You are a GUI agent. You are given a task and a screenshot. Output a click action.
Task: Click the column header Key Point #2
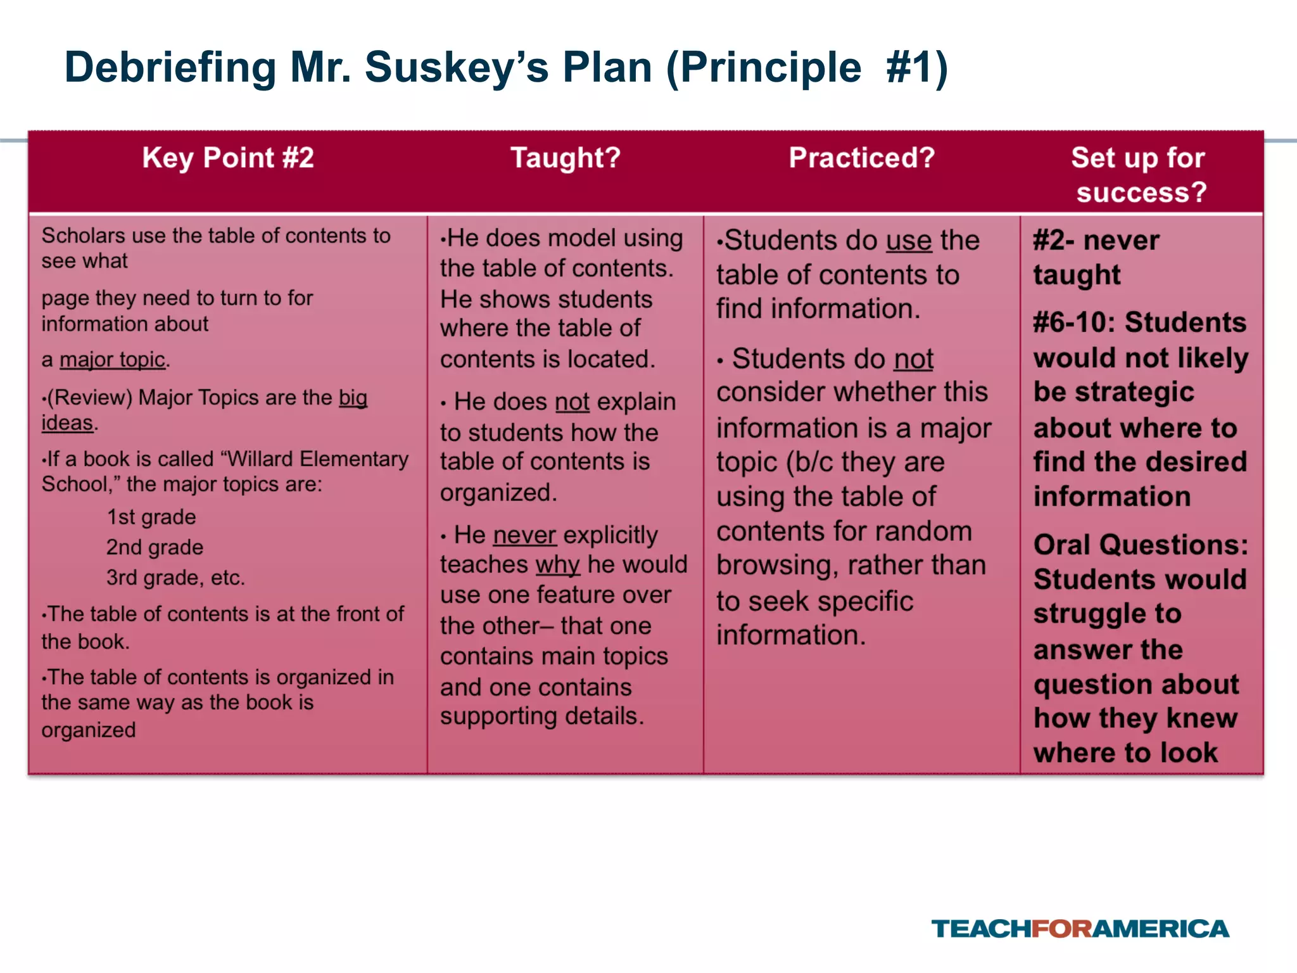pyautogui.click(x=228, y=158)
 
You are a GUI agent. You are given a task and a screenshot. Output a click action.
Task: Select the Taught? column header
pyautogui.click(x=566, y=158)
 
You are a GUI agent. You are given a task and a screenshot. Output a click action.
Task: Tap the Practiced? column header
pyautogui.click(x=861, y=158)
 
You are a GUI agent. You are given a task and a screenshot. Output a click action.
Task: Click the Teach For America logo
pyautogui.click(x=1080, y=929)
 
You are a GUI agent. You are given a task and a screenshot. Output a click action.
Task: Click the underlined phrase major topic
pyautogui.click(x=113, y=360)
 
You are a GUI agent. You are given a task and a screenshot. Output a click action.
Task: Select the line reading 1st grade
pyautogui.click(x=151, y=517)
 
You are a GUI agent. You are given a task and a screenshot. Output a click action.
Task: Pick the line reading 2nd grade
pyautogui.click(x=155, y=547)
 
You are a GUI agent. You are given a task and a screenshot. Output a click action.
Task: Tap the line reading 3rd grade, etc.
pyautogui.click(x=175, y=578)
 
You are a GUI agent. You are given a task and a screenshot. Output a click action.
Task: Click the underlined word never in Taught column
pyautogui.click(x=524, y=535)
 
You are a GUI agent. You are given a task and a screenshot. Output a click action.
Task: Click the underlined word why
pyautogui.click(x=557, y=564)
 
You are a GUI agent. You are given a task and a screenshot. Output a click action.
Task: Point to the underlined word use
pyautogui.click(x=909, y=241)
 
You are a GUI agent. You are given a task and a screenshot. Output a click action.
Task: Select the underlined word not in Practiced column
pyautogui.click(x=913, y=359)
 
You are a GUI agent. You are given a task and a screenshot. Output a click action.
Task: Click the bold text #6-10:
pyautogui.click(x=1074, y=322)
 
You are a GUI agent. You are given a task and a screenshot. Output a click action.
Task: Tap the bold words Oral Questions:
pyautogui.click(x=1141, y=545)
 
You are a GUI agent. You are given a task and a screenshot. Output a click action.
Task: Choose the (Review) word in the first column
pyautogui.click(x=89, y=398)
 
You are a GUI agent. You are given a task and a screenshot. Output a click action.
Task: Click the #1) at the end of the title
pyautogui.click(x=917, y=68)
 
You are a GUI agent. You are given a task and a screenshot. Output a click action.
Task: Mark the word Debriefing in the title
pyautogui.click(x=170, y=68)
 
